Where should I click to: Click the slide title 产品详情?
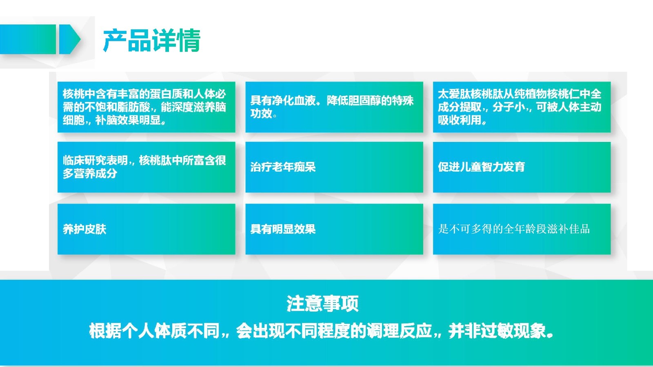coord(151,40)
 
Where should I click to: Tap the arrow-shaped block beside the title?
coord(69,39)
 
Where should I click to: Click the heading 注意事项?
coord(322,303)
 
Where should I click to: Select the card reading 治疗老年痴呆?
coord(334,167)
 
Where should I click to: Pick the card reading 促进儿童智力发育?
coord(522,167)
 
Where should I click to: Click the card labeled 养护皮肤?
coord(147,229)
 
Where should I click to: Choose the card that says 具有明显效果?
coord(334,229)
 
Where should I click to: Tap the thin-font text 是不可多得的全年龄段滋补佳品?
coord(514,229)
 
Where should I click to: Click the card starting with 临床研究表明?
coord(147,167)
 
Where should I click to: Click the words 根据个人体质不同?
coord(154,331)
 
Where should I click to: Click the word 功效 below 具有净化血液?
coord(261,113)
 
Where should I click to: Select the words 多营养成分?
coord(90,174)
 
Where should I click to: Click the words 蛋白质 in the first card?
coord(166,94)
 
